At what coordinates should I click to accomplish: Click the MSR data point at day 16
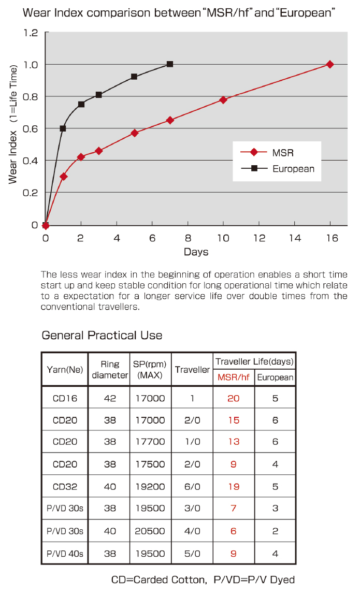click(330, 64)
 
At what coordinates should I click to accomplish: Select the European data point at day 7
click(170, 64)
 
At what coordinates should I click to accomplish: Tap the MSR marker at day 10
click(223, 100)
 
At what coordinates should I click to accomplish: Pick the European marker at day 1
click(63, 128)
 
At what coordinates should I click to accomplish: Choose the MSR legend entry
click(283, 153)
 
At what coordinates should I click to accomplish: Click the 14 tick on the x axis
click(295, 238)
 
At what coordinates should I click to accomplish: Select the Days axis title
click(196, 252)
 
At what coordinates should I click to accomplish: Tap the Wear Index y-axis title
click(14, 124)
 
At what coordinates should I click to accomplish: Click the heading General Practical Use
click(102, 336)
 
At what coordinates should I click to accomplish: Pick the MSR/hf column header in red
click(234, 378)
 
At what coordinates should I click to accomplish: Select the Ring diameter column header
click(110, 370)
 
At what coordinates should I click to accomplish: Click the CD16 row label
click(65, 399)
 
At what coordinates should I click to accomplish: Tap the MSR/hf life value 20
click(234, 399)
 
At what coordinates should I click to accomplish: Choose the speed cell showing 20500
click(150, 531)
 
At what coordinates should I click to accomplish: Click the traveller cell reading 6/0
click(192, 487)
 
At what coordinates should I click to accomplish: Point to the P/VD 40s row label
click(65, 554)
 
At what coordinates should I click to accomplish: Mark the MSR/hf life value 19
click(234, 487)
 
